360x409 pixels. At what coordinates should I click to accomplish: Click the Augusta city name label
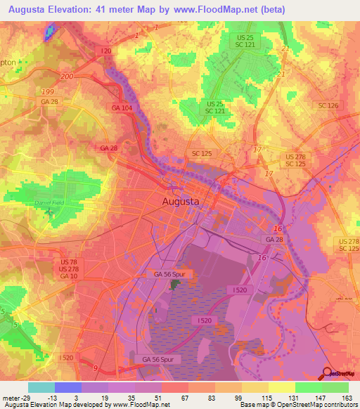coord(181,201)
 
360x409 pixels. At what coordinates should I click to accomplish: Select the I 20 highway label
coord(106,51)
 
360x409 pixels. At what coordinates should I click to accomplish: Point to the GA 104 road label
coord(120,108)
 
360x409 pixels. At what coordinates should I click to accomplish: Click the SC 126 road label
coord(328,105)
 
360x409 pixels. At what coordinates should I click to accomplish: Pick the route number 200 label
coord(67,76)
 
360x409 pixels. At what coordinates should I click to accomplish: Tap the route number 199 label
coord(47,91)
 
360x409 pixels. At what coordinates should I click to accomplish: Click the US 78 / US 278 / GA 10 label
coord(69,269)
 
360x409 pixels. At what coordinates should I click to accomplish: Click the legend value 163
coord(347,397)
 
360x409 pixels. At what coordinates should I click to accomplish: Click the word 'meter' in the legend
coord(10,397)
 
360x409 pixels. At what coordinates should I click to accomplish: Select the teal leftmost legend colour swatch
coord(41,387)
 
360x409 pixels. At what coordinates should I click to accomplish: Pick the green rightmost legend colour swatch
coord(335,387)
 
